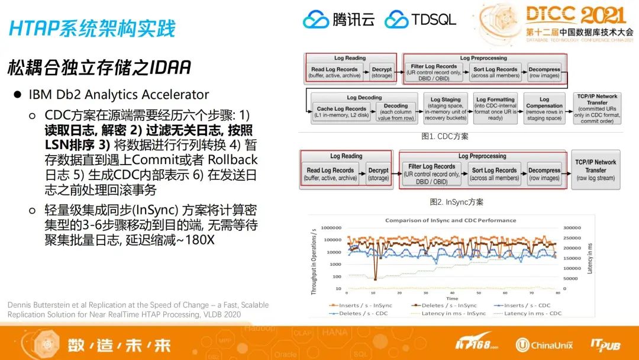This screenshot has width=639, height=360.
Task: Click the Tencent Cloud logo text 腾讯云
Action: pyautogui.click(x=353, y=19)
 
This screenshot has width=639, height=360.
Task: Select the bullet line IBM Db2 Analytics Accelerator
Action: pyautogui.click(x=119, y=95)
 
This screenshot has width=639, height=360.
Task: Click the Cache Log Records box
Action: pyautogui.click(x=341, y=111)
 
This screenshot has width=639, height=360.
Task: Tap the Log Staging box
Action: pyautogui.click(x=446, y=108)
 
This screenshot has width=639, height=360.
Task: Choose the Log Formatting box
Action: pyautogui.click(x=495, y=108)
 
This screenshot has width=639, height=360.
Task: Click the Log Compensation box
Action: pyautogui.click(x=544, y=108)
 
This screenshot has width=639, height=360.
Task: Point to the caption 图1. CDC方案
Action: pyautogui.click(x=444, y=136)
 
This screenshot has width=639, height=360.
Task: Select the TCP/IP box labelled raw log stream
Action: pyautogui.click(x=596, y=169)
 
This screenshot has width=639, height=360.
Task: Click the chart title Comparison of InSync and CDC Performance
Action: pyautogui.click(x=450, y=220)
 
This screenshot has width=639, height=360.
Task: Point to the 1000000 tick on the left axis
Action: pyautogui.click(x=331, y=227)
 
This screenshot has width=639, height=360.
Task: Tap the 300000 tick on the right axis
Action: pyautogui.click(x=574, y=227)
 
